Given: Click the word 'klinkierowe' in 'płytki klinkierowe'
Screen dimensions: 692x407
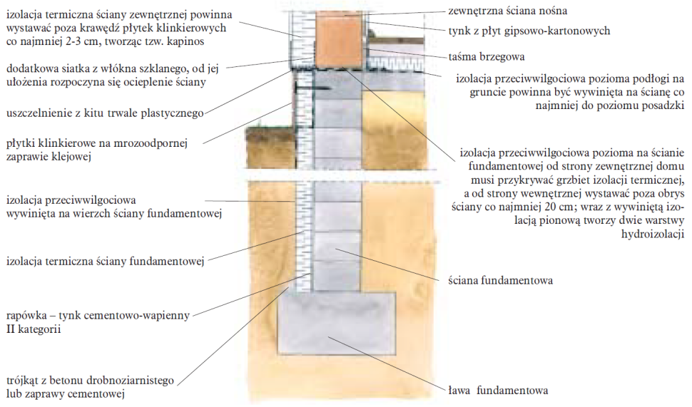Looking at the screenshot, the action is click(x=68, y=143).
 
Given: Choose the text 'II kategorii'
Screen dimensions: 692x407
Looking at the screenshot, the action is click(x=33, y=330).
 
